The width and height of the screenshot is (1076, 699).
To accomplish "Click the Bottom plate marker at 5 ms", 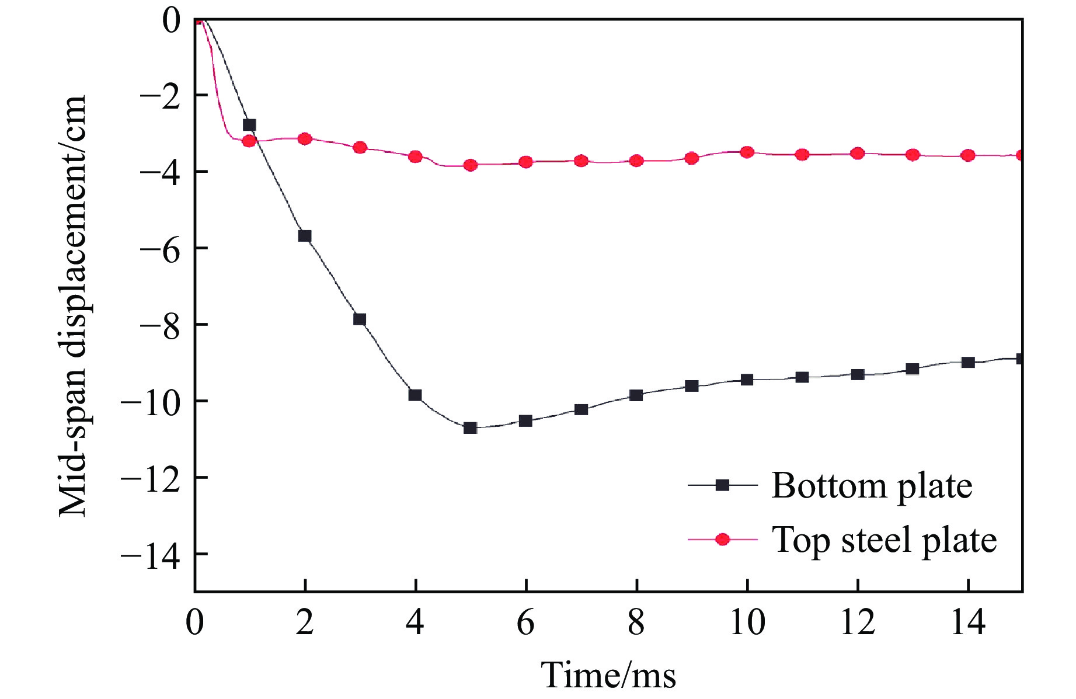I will pos(471,428).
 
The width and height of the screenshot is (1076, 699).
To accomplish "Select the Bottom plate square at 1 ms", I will pos(249,125).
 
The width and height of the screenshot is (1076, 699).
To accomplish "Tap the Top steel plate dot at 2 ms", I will pos(305,139).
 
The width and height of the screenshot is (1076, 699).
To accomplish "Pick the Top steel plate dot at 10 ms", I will pos(747,152).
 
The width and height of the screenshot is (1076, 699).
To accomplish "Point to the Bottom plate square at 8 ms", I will pos(636,395).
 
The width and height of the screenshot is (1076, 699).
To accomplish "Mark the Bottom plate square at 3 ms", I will pos(360,319).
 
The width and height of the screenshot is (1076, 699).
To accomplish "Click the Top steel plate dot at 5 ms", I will pos(471,165).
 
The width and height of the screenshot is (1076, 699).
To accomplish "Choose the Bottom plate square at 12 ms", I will pos(858,374).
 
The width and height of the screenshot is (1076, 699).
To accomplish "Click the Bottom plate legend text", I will pos(872,486).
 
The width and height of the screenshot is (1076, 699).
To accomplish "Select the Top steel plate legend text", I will pos(885,540).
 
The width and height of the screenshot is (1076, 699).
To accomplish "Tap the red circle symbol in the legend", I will pos(723,540).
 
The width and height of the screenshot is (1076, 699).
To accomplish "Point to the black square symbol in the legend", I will pos(723,485).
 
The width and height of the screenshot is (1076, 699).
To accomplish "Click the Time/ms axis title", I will pos(608,676).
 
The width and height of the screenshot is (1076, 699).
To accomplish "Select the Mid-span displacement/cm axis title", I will pos(73,306).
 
